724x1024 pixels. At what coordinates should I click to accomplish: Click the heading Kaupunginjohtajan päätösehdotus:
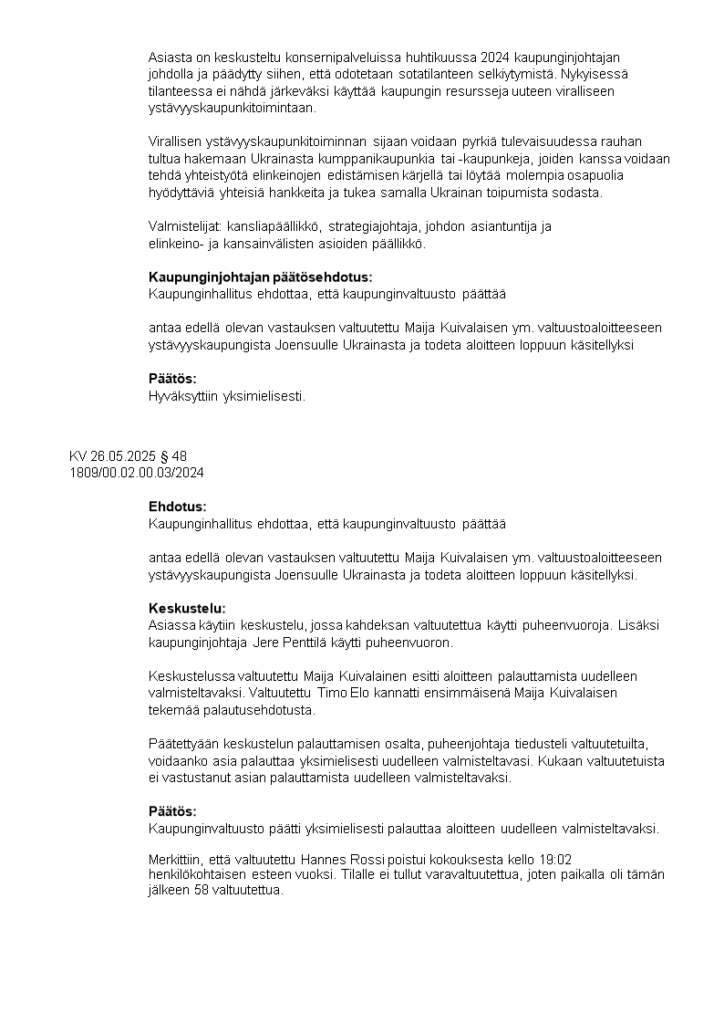pyautogui.click(x=261, y=277)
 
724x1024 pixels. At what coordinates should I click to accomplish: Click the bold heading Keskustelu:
pyautogui.click(x=187, y=608)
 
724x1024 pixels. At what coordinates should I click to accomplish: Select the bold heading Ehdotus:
pyautogui.click(x=178, y=507)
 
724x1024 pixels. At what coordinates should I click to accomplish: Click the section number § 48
pyautogui.click(x=172, y=456)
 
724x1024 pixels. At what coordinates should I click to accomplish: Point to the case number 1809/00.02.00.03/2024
pyautogui.click(x=136, y=472)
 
